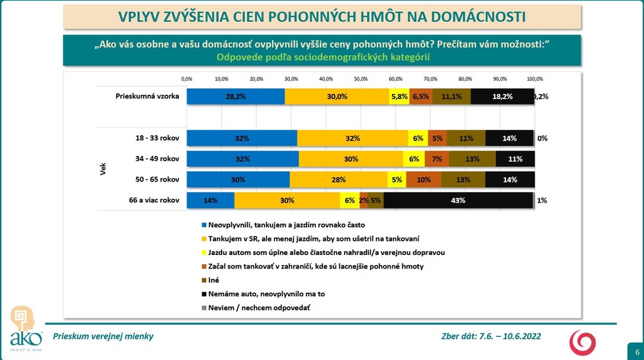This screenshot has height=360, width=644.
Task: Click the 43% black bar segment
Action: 459,200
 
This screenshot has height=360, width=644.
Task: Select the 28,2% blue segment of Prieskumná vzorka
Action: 236,96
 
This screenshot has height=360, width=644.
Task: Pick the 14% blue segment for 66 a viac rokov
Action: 211,200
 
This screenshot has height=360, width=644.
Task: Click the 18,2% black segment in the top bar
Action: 502,96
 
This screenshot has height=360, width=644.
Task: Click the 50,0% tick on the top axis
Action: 361,79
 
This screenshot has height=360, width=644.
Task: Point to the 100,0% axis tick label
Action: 535,79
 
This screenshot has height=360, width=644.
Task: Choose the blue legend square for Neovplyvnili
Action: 204,225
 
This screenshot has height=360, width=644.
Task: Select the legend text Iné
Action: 214,280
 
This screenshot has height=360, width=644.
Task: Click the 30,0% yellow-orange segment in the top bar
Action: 337,96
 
